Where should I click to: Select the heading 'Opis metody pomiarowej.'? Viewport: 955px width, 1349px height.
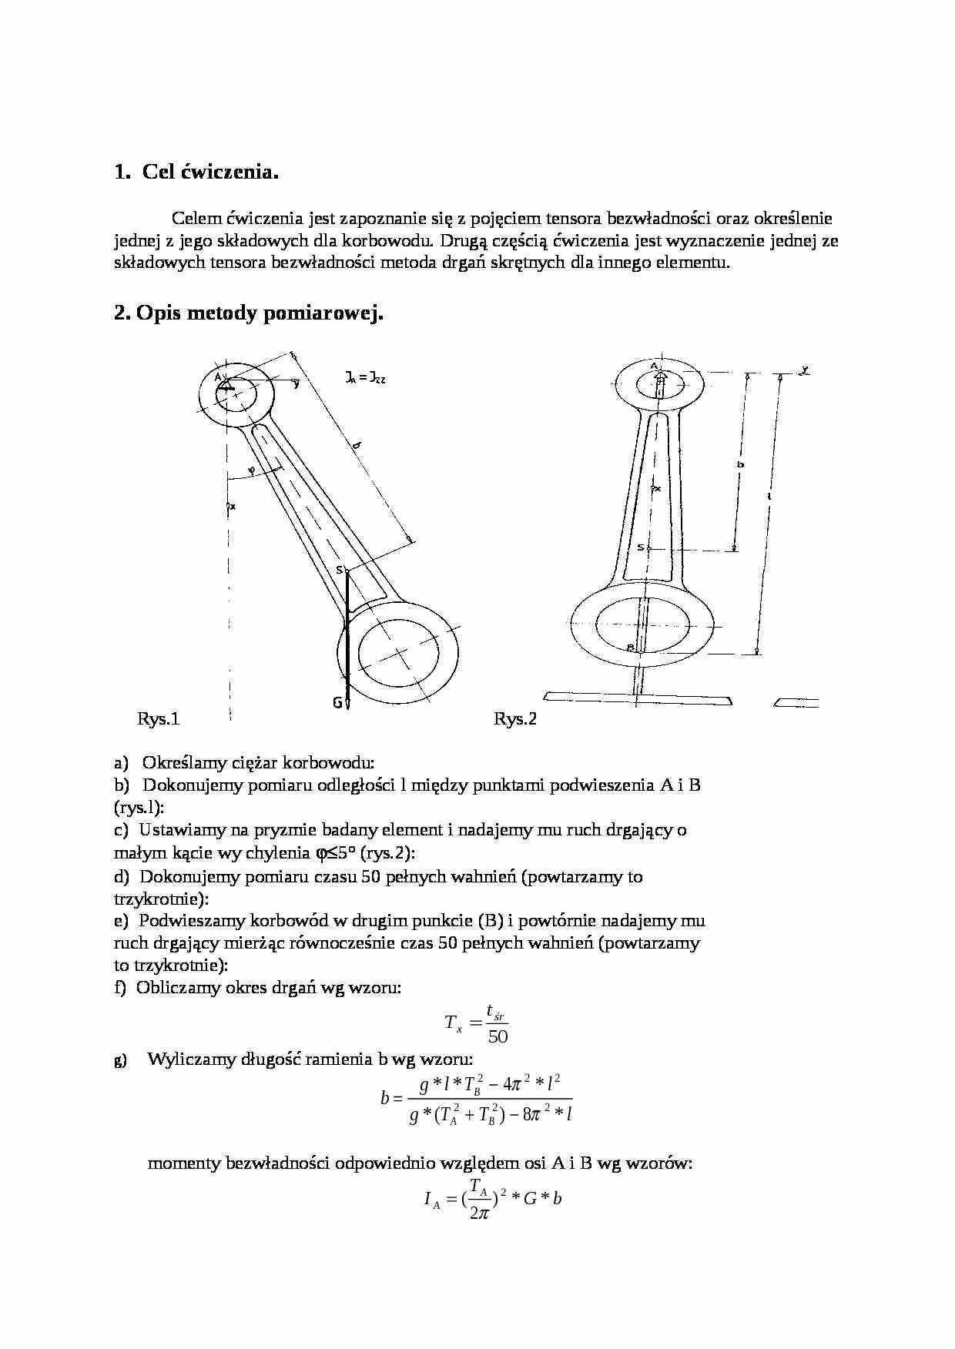point(248,313)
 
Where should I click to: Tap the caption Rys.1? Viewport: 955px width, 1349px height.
point(158,719)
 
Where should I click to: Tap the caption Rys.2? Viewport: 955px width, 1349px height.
point(515,719)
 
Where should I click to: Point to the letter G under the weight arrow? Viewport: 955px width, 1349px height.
point(337,701)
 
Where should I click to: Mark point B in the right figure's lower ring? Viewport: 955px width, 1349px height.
point(629,647)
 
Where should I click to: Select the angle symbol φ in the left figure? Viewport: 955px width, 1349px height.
point(250,470)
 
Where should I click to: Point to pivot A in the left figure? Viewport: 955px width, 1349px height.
point(219,377)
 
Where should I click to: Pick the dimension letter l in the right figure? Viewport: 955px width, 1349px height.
point(769,498)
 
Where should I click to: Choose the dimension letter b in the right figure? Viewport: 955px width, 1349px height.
point(739,464)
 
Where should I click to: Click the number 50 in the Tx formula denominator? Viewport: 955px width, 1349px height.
point(498,1036)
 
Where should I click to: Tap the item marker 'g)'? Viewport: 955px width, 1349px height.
point(120,1059)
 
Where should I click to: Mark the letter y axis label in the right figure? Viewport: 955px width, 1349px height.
point(804,370)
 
